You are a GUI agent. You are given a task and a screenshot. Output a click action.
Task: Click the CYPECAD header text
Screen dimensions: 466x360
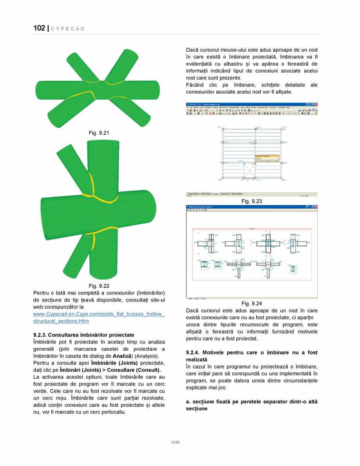coord(68,29)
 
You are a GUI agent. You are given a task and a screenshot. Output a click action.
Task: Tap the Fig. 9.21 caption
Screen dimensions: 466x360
coord(99,133)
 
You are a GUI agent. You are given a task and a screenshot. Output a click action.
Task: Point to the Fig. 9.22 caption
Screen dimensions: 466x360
coord(99,285)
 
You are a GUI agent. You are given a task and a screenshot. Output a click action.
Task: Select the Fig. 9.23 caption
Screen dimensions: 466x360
coord(251,201)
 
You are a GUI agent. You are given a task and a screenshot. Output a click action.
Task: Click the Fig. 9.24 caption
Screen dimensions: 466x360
coord(251,303)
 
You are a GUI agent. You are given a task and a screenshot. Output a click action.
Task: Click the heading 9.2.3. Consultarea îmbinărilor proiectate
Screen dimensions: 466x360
coord(83,335)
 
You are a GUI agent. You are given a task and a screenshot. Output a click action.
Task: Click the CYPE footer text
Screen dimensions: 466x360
coord(175,442)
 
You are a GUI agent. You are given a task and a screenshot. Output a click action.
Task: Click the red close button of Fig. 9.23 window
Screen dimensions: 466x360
coord(316,105)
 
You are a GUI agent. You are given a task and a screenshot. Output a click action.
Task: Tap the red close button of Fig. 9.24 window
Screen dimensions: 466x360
coord(316,206)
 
